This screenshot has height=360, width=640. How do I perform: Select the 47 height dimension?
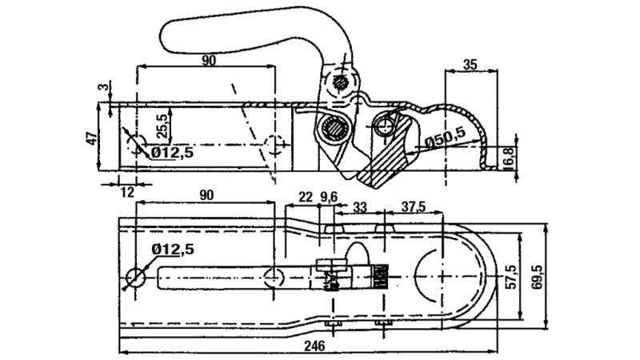coord(92,137)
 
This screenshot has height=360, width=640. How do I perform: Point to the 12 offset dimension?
coord(126,193)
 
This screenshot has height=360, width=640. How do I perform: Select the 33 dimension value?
coord(360,208)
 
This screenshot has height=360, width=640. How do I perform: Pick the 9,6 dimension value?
coord(329,196)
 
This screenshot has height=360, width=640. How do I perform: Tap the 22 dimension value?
coord(305,196)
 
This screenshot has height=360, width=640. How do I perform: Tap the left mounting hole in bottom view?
coord(136,277)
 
